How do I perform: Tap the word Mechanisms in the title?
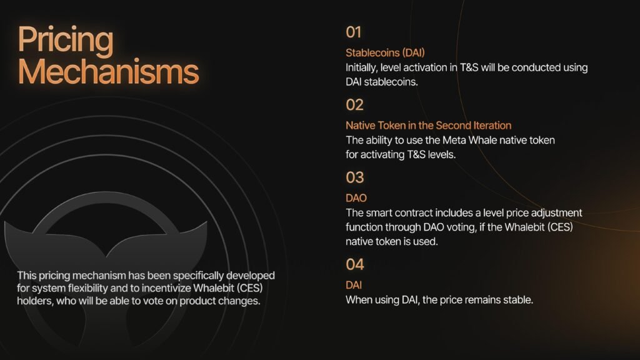(108, 72)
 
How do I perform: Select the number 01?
(354, 32)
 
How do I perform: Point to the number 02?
(354, 105)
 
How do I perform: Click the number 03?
(355, 177)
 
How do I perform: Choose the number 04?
(355, 264)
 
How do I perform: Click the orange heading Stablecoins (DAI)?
(385, 53)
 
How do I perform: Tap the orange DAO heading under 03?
(356, 198)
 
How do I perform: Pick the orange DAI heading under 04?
(354, 285)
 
